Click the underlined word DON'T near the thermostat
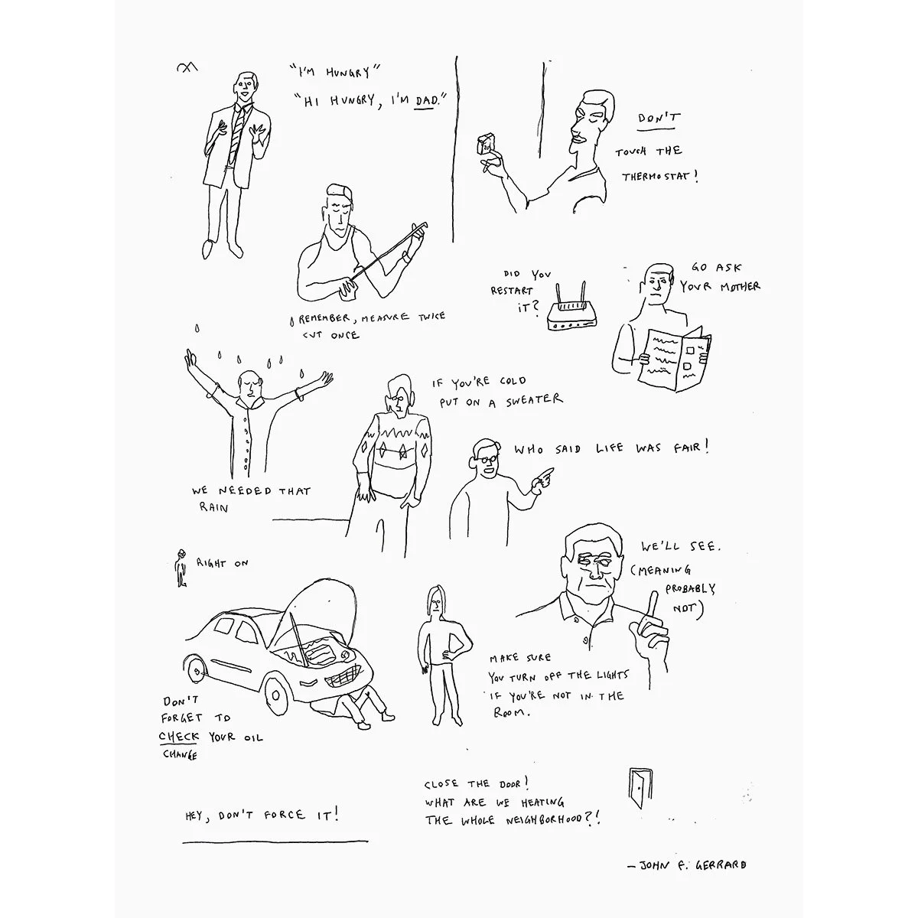click(x=659, y=119)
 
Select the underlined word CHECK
click(x=178, y=736)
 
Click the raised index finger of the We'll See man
click(x=652, y=605)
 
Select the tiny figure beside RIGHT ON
click(x=181, y=568)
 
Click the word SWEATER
click(x=533, y=400)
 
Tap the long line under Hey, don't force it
click(x=275, y=841)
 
